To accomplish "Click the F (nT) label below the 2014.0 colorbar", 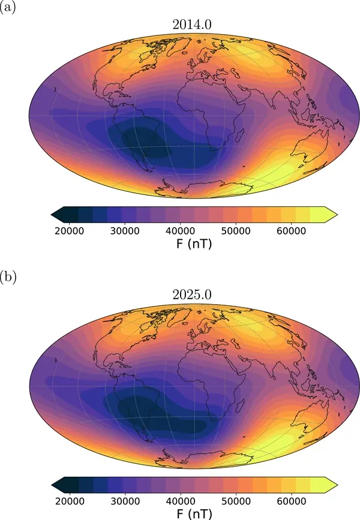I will pyautogui.click(x=181, y=245).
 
